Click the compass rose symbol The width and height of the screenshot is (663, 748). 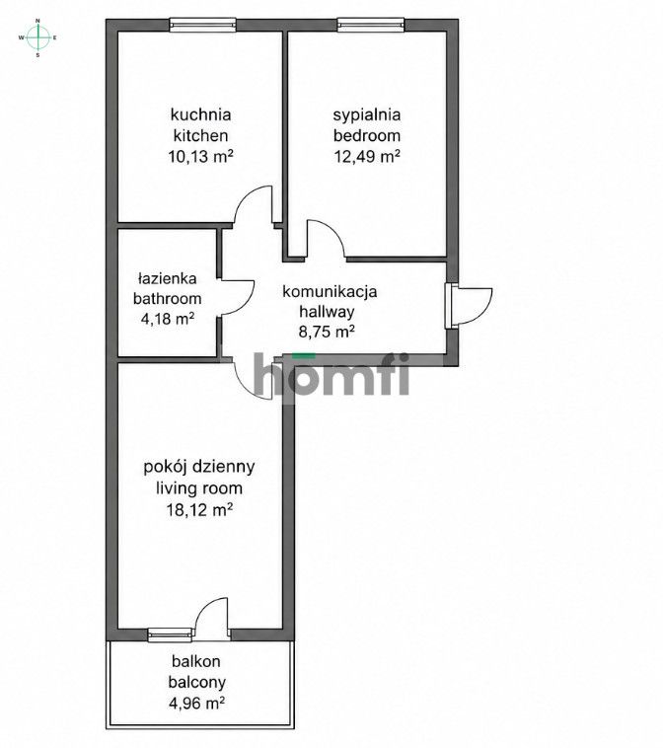pyautogui.click(x=38, y=37)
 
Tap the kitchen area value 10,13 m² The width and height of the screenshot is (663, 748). pyautogui.click(x=201, y=156)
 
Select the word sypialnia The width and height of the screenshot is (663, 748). pyautogui.click(x=367, y=115)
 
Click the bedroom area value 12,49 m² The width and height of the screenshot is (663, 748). pyautogui.click(x=367, y=156)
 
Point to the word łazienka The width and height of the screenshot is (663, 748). pyautogui.click(x=168, y=277)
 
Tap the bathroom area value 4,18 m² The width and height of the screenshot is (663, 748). pyautogui.click(x=168, y=318)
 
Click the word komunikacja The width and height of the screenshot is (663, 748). pyautogui.click(x=330, y=291)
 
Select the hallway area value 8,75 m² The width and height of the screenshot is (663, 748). pyautogui.click(x=327, y=331)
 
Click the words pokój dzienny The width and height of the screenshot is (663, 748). pyautogui.click(x=199, y=467)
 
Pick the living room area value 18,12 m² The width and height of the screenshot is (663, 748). pyautogui.click(x=199, y=510)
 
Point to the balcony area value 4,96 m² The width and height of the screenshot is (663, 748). pyautogui.click(x=196, y=703)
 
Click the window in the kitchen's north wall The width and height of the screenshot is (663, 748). pyautogui.click(x=203, y=25)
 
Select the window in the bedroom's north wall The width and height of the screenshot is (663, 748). pyautogui.click(x=371, y=25)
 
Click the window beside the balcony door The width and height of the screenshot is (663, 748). pyautogui.click(x=170, y=635)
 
